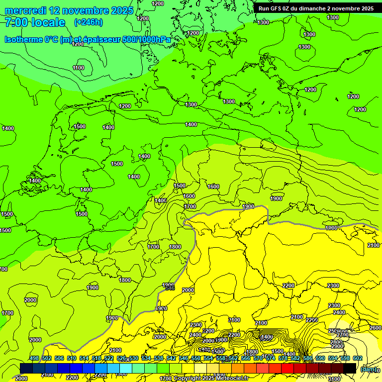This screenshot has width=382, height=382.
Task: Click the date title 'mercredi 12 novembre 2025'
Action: (69, 10)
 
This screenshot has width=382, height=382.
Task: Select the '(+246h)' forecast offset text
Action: (89, 22)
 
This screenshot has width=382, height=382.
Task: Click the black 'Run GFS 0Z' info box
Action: (316, 8)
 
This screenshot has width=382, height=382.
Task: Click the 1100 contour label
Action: (79, 68)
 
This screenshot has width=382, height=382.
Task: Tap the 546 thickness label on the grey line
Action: (170, 288)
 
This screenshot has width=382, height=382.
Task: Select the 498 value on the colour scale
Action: (34, 358)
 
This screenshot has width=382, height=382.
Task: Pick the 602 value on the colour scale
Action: (357, 358)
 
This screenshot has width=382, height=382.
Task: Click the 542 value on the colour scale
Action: (171, 358)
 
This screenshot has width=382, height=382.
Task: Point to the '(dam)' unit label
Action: (368, 369)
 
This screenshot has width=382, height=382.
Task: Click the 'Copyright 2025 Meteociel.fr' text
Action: (210, 378)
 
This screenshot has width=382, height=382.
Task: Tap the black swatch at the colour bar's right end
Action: (350, 368)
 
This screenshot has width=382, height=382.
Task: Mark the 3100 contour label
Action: (335, 379)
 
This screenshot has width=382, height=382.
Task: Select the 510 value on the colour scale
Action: (72, 358)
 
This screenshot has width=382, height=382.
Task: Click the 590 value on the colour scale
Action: (320, 358)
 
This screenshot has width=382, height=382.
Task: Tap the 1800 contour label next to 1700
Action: (175, 247)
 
